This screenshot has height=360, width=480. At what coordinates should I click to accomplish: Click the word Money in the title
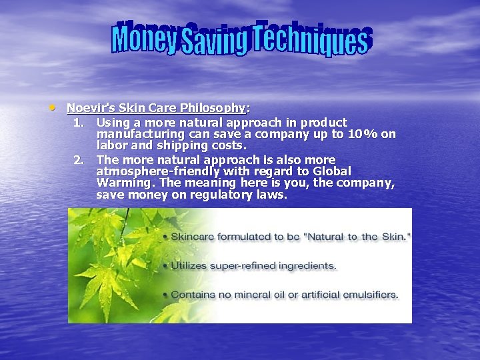point(145,39)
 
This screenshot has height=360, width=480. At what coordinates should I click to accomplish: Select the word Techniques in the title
point(310,39)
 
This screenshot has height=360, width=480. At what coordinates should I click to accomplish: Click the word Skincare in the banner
point(195,237)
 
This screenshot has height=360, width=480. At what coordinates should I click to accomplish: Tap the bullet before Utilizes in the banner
point(165,265)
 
